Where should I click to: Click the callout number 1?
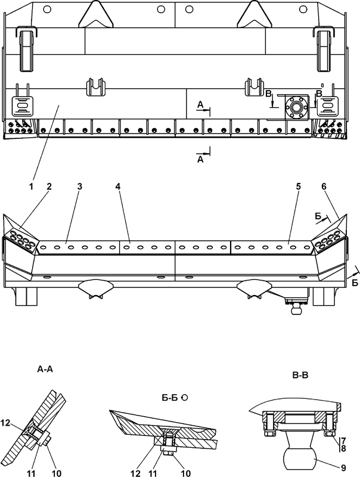pyautogui.click(x=31, y=187)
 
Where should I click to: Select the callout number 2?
pyautogui.click(x=49, y=187)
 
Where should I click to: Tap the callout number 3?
pyautogui.click(x=79, y=187)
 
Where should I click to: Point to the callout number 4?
pyautogui.click(x=117, y=187)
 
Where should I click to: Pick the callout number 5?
pyautogui.click(x=298, y=187)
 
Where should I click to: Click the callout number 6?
pyautogui.click(x=324, y=187)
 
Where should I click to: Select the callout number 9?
pyautogui.click(x=343, y=467)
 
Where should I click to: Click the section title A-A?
pyautogui.click(x=45, y=369)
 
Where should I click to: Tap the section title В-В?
pyautogui.click(x=300, y=376)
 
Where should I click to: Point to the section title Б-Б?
pyautogui.click(x=170, y=398)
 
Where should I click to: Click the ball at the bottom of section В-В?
pyautogui.click(x=299, y=457)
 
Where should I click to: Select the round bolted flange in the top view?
pyautogui.click(x=296, y=107)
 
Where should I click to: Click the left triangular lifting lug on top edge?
pyautogui.click(x=95, y=14)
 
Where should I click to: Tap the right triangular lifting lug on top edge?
pyautogui.click(x=254, y=14)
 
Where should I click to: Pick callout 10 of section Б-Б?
pyautogui.click(x=185, y=473)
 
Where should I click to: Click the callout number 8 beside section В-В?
pyautogui.click(x=343, y=448)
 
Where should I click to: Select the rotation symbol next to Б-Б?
pyautogui.click(x=185, y=397)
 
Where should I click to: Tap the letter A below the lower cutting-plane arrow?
pyautogui.click(x=200, y=159)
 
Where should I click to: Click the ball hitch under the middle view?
pyautogui.click(x=294, y=310)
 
